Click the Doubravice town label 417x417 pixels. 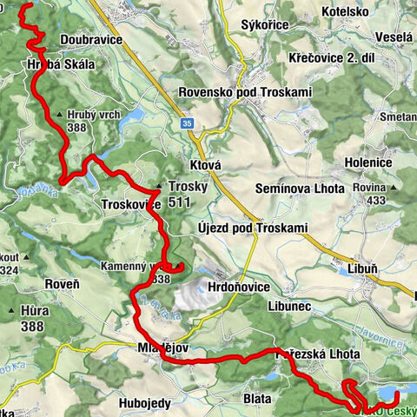[x=89, y=40]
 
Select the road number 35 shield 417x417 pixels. [x=188, y=124]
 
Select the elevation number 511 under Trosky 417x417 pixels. [x=180, y=202]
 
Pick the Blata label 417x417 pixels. [x=257, y=398]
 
